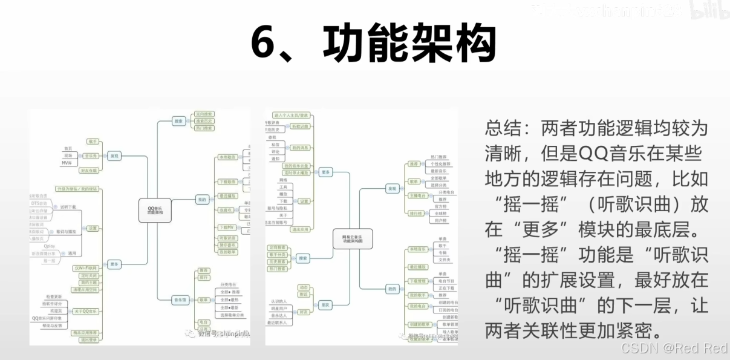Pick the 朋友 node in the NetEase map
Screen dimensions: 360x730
326,304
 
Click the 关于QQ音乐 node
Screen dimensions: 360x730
87,311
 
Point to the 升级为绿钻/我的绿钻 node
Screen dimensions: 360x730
76,189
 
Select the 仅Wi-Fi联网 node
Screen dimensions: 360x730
85,267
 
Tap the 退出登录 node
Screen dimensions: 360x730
88,340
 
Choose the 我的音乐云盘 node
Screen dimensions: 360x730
296,165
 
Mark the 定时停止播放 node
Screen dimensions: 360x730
296,172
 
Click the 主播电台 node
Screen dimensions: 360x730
417,196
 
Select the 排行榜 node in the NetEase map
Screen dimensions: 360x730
414,213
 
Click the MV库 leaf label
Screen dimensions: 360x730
67,163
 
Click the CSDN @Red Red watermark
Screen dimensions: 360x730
674,348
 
